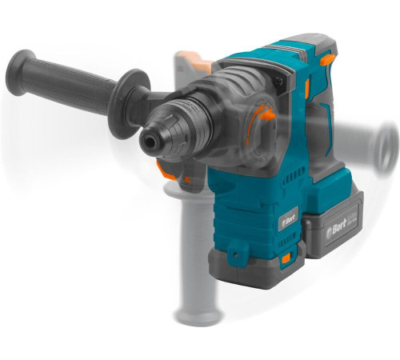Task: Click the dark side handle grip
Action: pyautogui.click(x=64, y=77)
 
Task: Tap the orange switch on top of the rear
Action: pyautogui.click(x=326, y=58)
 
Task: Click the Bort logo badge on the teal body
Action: pyautogui.click(x=287, y=218)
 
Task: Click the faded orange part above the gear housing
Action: pyautogui.click(x=190, y=58)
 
